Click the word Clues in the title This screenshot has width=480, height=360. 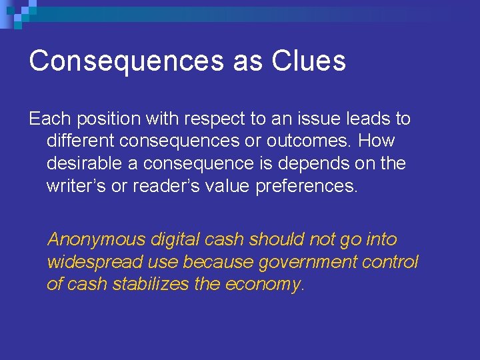[308, 61]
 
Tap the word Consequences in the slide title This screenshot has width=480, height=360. [126, 61]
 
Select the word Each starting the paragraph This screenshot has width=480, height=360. [50, 119]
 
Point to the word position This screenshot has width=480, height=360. [108, 119]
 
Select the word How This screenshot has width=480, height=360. [377, 141]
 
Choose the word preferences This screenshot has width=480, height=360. [307, 185]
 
